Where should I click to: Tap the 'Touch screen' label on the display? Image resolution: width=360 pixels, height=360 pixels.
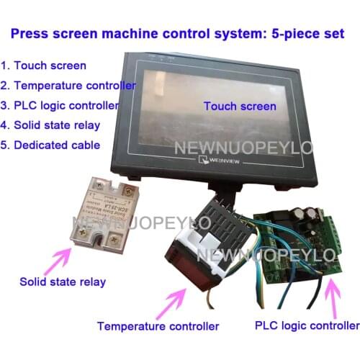point(240,107)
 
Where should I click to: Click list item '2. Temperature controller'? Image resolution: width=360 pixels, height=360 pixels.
point(69,85)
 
